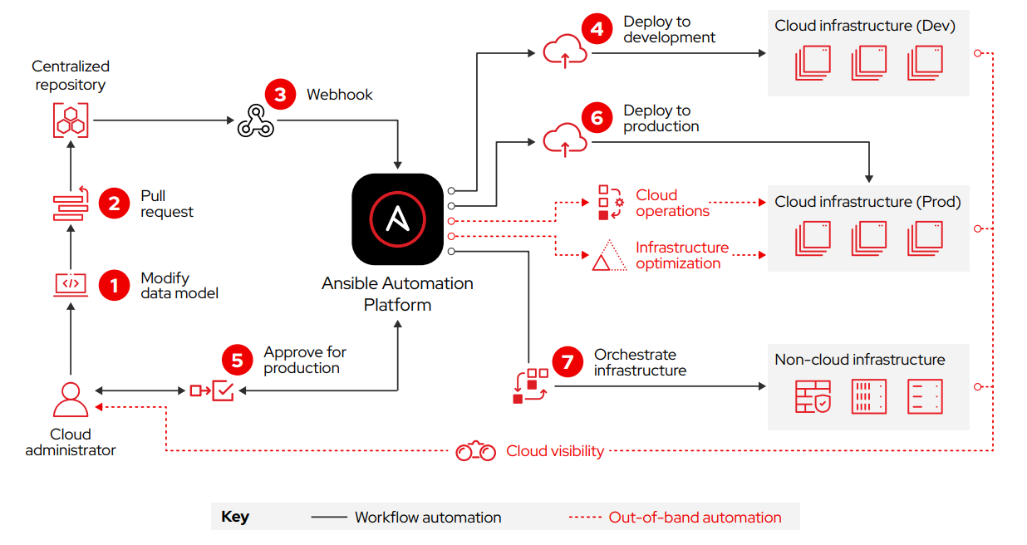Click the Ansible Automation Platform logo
(397, 219)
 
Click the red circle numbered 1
(114, 286)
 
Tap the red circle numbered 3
(280, 94)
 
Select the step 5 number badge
(237, 360)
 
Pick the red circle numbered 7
(568, 362)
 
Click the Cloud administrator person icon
(71, 400)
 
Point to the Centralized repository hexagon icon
(71, 120)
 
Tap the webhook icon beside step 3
(255, 122)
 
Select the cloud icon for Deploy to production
(565, 140)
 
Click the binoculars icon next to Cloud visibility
(476, 451)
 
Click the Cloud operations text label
(672, 204)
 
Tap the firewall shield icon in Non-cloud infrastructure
(813, 396)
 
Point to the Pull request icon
(71, 204)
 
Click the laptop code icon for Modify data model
(71, 284)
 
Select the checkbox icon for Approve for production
(223, 390)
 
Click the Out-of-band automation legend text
(695, 517)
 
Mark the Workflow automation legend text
(428, 517)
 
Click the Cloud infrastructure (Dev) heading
(865, 26)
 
